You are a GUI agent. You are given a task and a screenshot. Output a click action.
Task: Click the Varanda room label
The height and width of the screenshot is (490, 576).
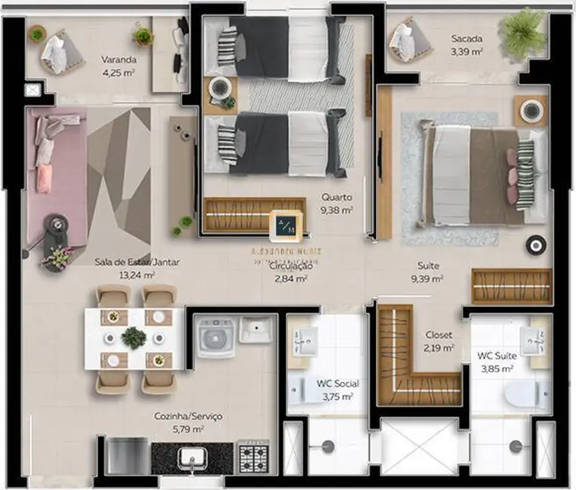pos(119,59)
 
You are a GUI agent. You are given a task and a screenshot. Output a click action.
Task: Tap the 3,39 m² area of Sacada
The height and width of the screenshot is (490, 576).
pos(467,52)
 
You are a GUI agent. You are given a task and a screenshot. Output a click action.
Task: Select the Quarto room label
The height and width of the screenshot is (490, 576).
pos(336,198)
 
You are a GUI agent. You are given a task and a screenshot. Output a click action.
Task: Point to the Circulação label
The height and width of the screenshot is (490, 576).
pos(290,265)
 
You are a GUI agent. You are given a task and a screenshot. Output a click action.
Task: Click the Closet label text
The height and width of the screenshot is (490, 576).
pos(438,335)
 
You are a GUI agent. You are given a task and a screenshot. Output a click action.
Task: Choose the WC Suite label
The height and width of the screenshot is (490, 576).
pos(495,356)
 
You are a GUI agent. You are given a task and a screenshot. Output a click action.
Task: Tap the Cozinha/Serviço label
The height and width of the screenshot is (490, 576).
pos(188,416)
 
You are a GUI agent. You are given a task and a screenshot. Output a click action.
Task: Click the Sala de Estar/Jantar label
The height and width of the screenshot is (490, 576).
pos(137,262)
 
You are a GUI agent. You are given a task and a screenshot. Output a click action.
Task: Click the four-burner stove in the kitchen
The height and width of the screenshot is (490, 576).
pos(254,457)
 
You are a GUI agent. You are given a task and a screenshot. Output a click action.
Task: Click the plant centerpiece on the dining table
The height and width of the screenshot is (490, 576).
pos(134,338)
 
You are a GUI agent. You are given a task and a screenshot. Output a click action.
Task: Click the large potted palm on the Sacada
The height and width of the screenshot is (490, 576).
pos(522,32)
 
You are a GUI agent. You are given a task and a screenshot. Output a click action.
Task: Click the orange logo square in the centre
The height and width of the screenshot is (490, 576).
pos(288,224)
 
